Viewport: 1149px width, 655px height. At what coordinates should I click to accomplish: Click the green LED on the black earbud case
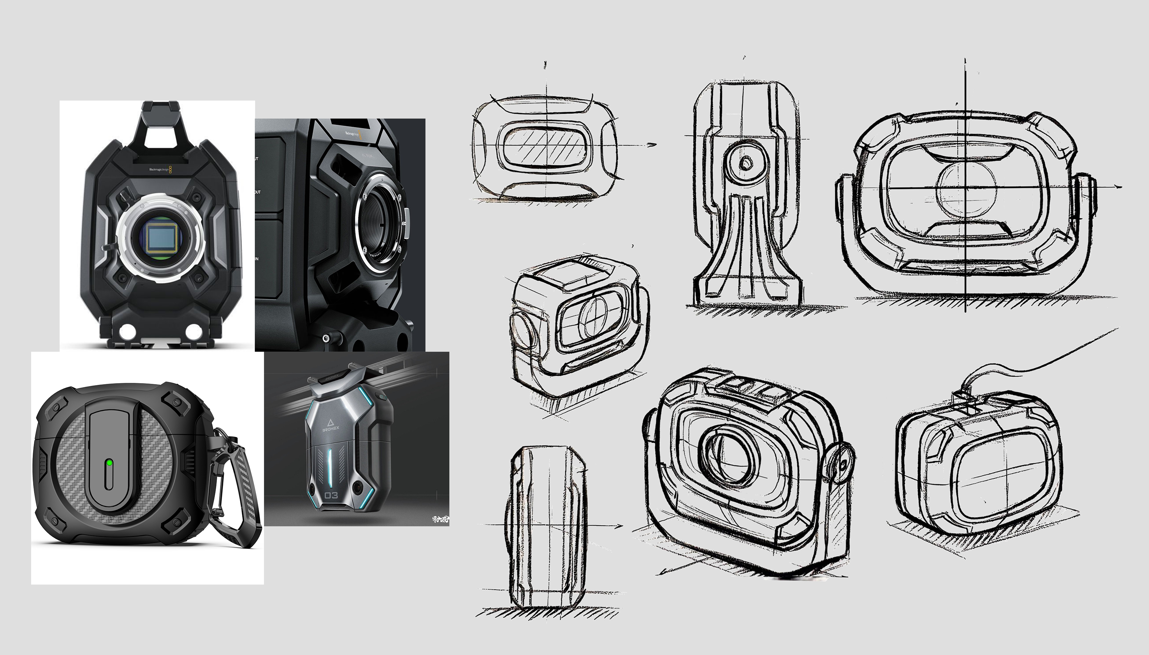tap(108, 462)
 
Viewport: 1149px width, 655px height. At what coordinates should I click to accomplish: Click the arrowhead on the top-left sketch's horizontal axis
tap(651, 144)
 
